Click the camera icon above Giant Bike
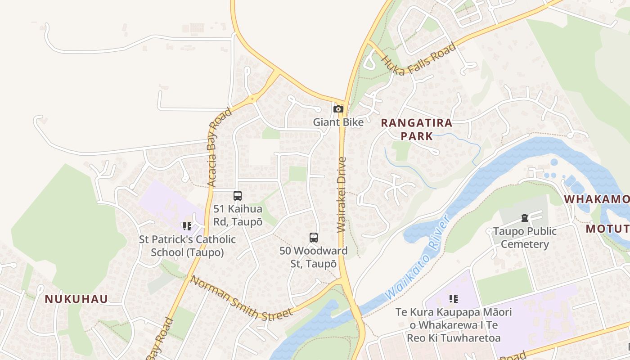[338, 109]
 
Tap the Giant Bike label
[338, 122]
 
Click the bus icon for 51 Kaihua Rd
[238, 196]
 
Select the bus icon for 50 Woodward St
[314, 238]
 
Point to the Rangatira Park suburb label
[416, 129]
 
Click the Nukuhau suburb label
[76, 299]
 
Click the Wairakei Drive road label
[342, 194]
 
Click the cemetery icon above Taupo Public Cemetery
[524, 218]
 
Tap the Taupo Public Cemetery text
[525, 238]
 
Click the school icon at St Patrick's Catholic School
[187, 226]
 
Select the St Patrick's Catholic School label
[187, 246]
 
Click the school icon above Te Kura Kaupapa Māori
[454, 298]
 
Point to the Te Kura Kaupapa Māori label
[454, 324]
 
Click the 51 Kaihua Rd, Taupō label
[238, 215]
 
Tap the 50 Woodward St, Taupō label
[314, 257]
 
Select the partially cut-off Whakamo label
[597, 199]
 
